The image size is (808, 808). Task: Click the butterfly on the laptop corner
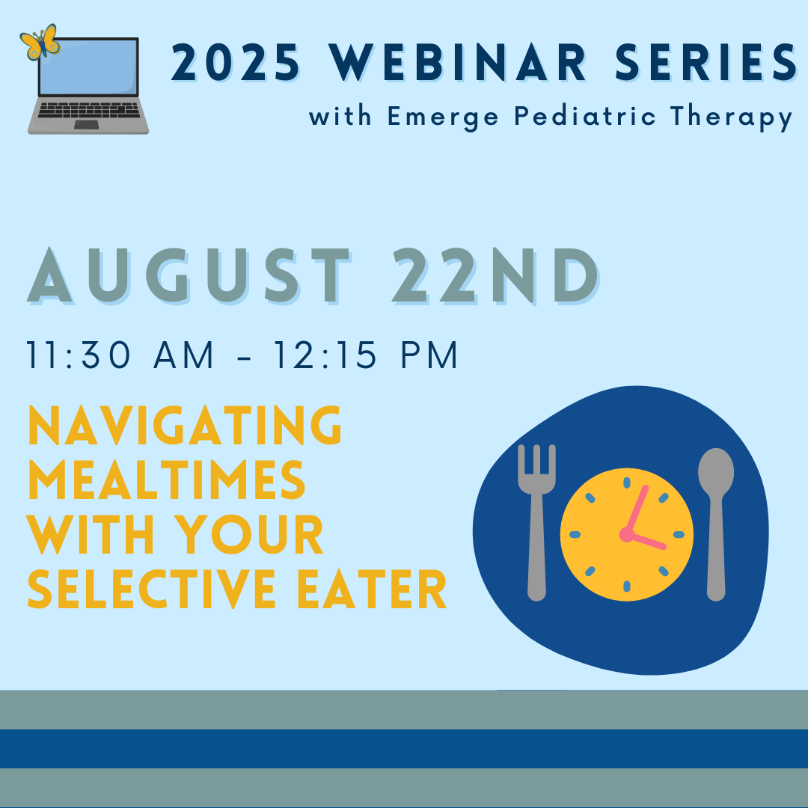(x=40, y=42)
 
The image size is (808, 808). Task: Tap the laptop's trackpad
(x=87, y=125)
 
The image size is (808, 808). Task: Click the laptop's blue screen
(x=88, y=67)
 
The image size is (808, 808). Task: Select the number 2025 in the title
(x=235, y=62)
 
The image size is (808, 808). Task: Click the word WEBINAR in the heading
(x=458, y=62)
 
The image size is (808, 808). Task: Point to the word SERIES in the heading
(x=706, y=62)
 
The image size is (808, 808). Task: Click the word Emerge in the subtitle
(x=443, y=117)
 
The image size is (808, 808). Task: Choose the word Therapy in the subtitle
(x=731, y=117)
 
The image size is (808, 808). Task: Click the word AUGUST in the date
(x=189, y=275)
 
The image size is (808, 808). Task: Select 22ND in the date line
(x=495, y=275)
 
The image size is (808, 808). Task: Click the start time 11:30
(x=79, y=355)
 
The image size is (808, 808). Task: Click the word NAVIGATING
(x=185, y=425)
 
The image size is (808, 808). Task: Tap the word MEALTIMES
(x=166, y=480)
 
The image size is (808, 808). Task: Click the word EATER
(x=372, y=589)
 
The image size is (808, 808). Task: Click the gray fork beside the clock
(x=536, y=522)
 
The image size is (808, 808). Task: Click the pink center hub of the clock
(x=627, y=534)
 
